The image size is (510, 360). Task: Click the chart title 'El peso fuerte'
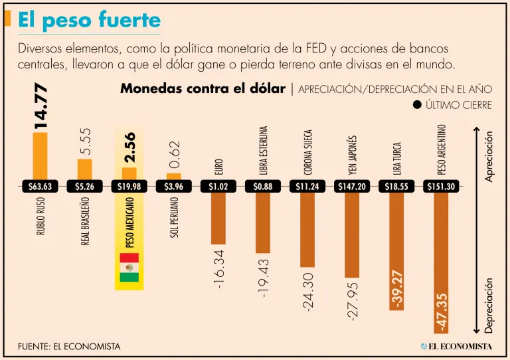point(89,20)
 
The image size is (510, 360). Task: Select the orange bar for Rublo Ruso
point(40,155)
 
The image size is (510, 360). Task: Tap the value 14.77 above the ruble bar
point(41,104)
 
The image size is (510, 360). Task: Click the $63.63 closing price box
point(40,187)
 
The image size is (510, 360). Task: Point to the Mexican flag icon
point(129,267)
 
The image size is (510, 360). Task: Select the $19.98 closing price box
point(129,187)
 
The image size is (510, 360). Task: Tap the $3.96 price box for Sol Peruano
point(174,187)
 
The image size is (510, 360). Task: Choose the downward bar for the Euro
point(218,219)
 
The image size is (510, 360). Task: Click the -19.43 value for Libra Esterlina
point(264,278)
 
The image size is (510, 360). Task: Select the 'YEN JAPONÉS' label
point(353,154)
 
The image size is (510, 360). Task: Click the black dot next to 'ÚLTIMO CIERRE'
point(417,105)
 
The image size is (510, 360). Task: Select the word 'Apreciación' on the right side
point(490,156)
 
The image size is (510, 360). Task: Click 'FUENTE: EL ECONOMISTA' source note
point(69,347)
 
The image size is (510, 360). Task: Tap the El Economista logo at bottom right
point(456,346)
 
